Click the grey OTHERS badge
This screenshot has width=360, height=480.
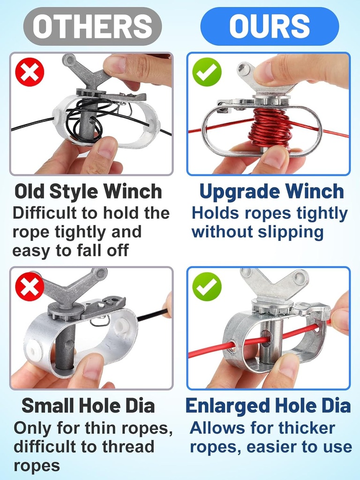pos(92,26)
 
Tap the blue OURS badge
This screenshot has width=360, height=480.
pos(269,26)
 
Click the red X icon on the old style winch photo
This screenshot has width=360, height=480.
pos(30,72)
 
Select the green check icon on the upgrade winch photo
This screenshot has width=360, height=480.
pos(207,72)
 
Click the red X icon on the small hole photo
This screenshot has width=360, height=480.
pos(30,286)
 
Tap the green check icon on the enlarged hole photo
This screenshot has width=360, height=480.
pos(207,286)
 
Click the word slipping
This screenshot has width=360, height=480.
pos(294,232)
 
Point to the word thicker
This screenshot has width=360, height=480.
pos(307,428)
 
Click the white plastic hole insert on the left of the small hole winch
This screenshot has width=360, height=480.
pos(33,349)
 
